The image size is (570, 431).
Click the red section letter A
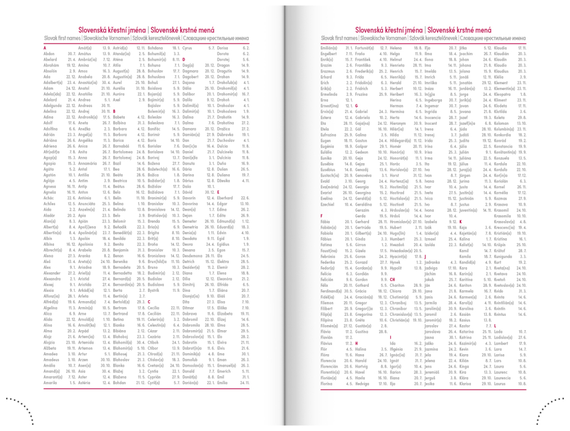(45, 48)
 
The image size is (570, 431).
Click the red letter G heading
(356, 105)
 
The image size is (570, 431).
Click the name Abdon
(50, 53)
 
